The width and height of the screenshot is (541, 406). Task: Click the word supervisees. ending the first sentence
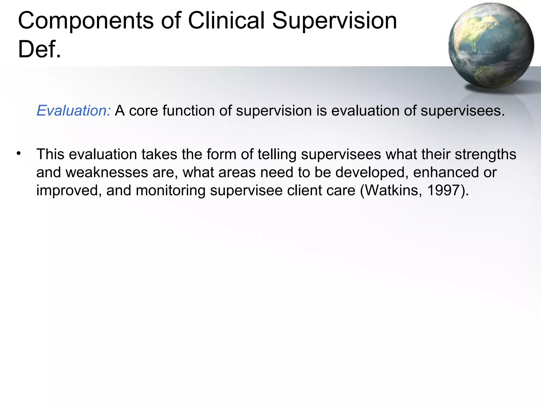463,110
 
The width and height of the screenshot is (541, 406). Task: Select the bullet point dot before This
18,153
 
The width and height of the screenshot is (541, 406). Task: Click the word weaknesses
107,172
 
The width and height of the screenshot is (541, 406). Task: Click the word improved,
69,190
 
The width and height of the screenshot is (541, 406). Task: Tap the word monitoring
170,190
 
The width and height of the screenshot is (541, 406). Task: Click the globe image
491,45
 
